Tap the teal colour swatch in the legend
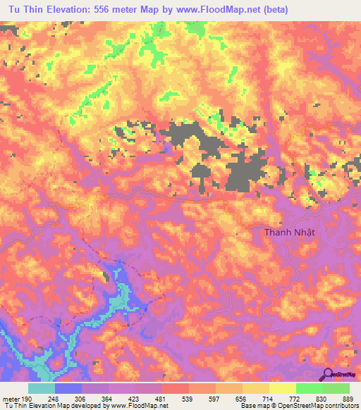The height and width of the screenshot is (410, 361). pyautogui.click(x=42, y=387)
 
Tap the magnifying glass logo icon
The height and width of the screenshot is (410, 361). pyautogui.click(x=327, y=374)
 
